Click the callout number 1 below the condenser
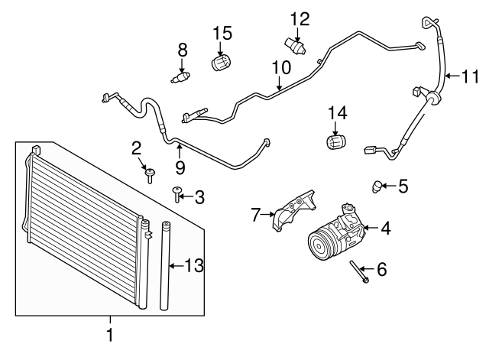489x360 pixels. pyautogui.click(x=110, y=334)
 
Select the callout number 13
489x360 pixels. pyautogui.click(x=195, y=265)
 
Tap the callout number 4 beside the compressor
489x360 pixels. pyautogui.click(x=385, y=228)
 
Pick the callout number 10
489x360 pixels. pyautogui.click(x=280, y=67)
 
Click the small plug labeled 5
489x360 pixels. pyautogui.click(x=377, y=184)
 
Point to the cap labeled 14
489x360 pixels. pyautogui.click(x=335, y=143)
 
